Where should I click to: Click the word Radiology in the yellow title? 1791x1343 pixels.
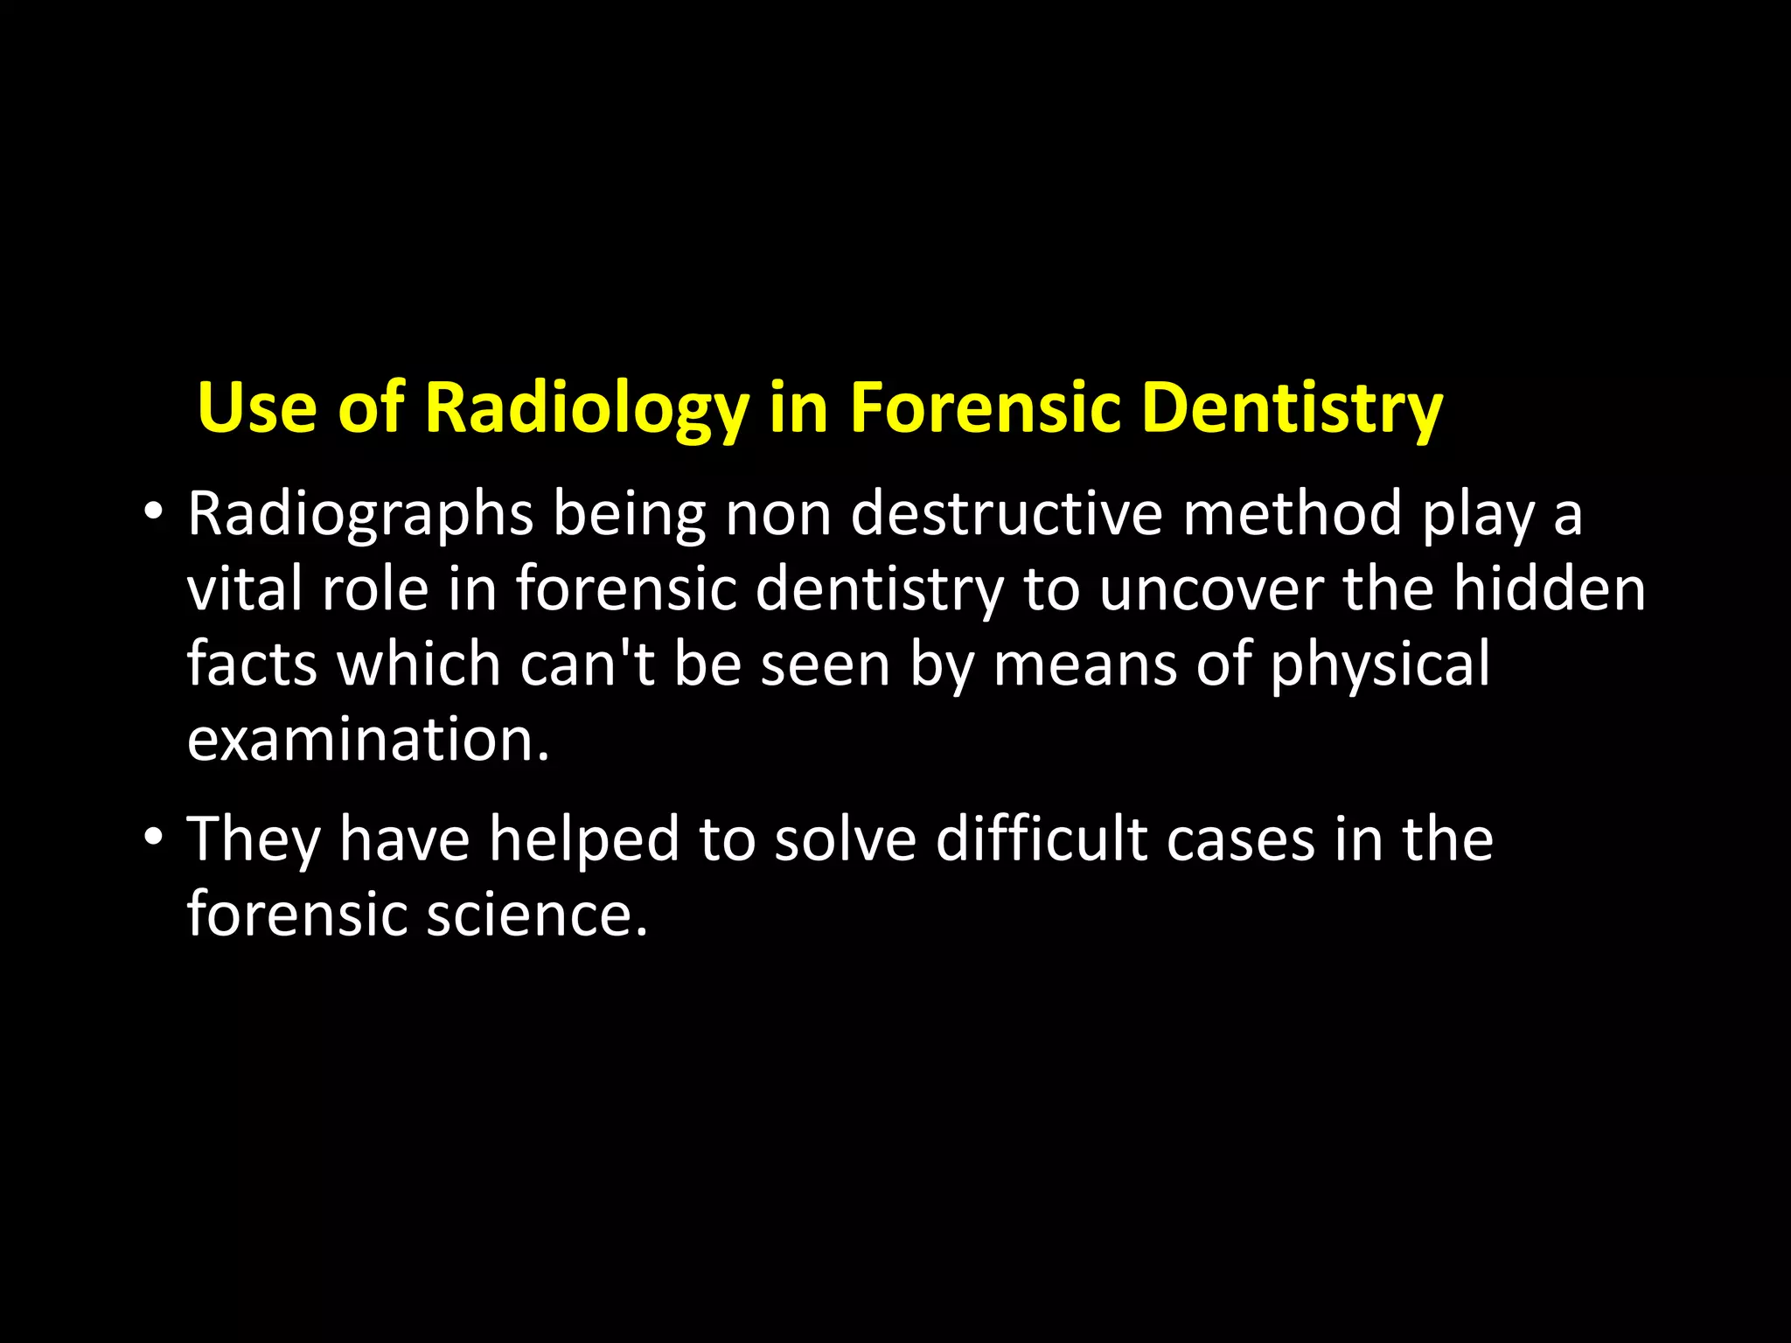(587, 408)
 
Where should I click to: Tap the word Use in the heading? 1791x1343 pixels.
(257, 408)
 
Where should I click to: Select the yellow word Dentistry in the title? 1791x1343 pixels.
(1293, 408)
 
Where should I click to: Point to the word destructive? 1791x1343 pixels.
(1007, 514)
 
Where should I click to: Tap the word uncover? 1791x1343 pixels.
(1210, 589)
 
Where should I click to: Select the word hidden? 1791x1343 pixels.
(1550, 589)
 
